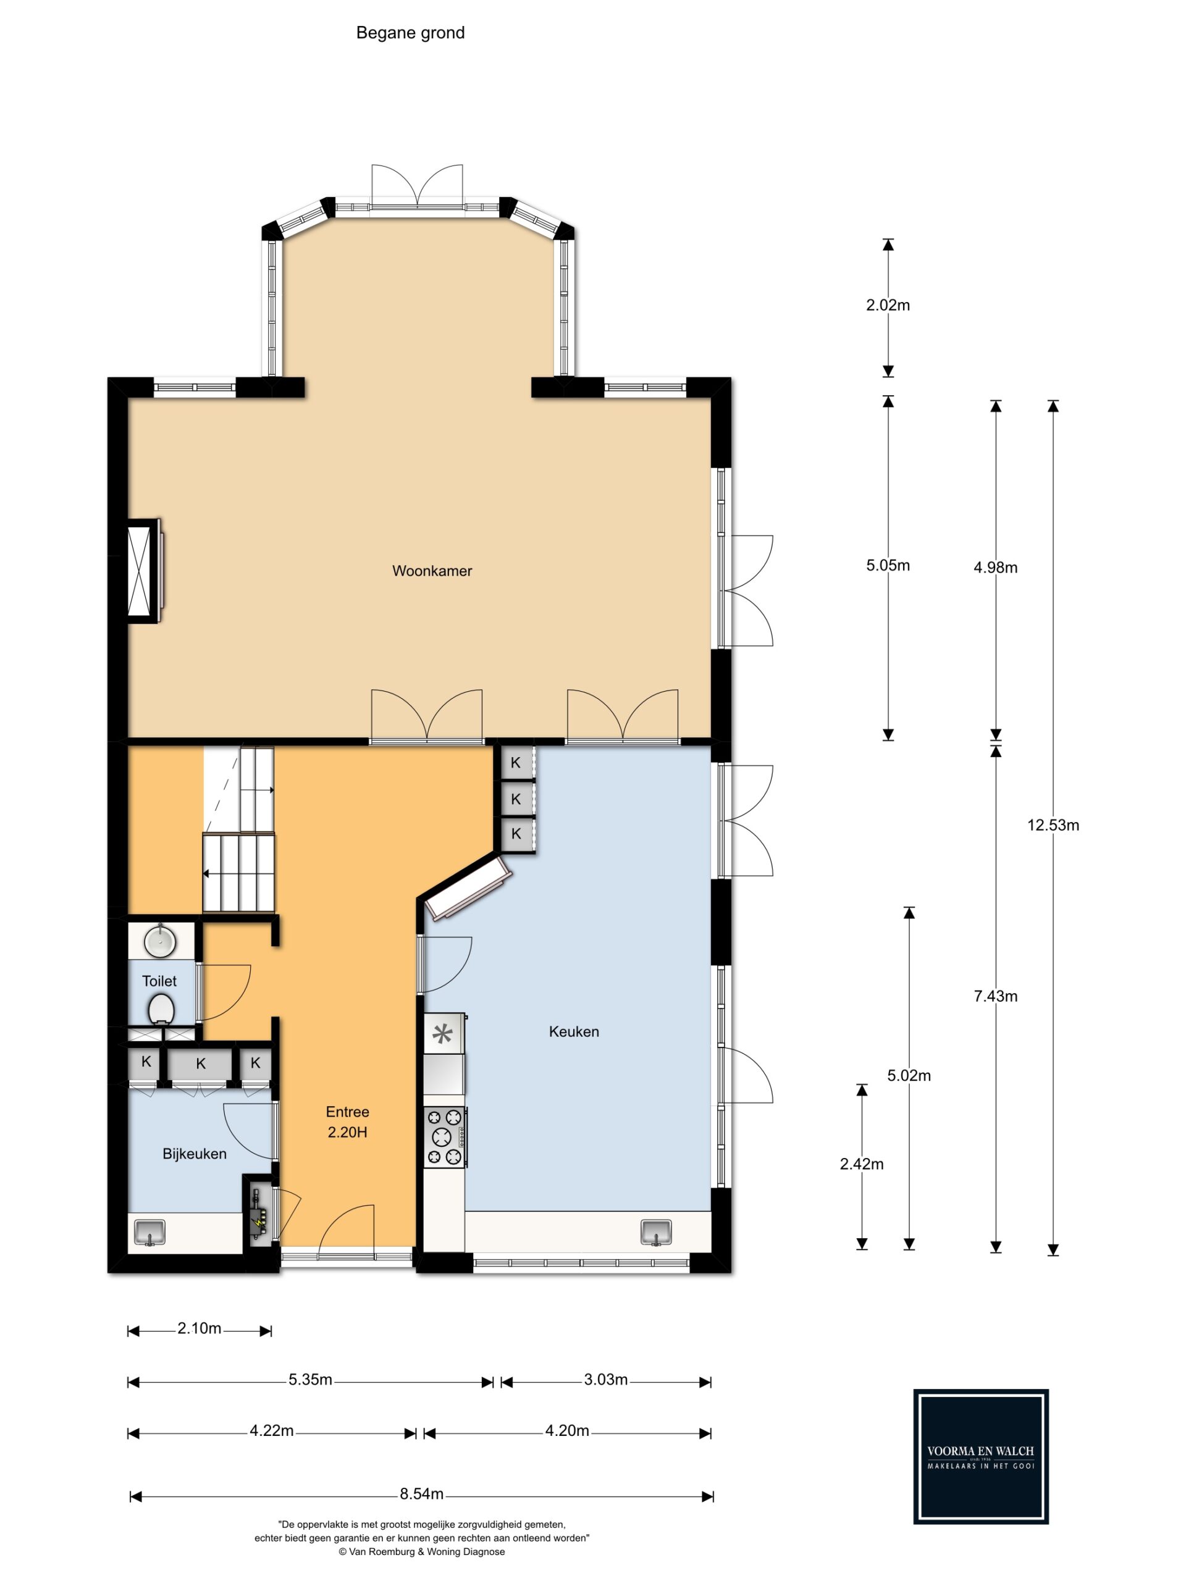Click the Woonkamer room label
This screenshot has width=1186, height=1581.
pos(432,571)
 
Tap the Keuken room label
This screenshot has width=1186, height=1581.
pos(574,1031)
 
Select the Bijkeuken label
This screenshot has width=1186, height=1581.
pos(195,1154)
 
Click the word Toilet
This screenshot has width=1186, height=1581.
pos(159,981)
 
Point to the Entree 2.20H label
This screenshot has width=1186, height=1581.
pos(347,1122)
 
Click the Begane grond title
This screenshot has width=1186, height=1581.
pos(410,33)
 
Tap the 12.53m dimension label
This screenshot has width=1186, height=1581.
pos(1053,825)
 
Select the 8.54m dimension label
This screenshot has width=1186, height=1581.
pos(422,1494)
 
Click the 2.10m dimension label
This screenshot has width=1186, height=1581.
pos(200,1328)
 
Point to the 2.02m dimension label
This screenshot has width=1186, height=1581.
pos(888,305)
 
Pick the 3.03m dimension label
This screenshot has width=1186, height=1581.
pos(605,1380)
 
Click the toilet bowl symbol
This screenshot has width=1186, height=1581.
pos(162,1010)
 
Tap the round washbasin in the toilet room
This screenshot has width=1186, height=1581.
pos(160,941)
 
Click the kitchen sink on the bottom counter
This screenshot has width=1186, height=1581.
pos(656,1232)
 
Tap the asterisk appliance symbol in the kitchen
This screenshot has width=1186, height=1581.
pos(444,1033)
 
